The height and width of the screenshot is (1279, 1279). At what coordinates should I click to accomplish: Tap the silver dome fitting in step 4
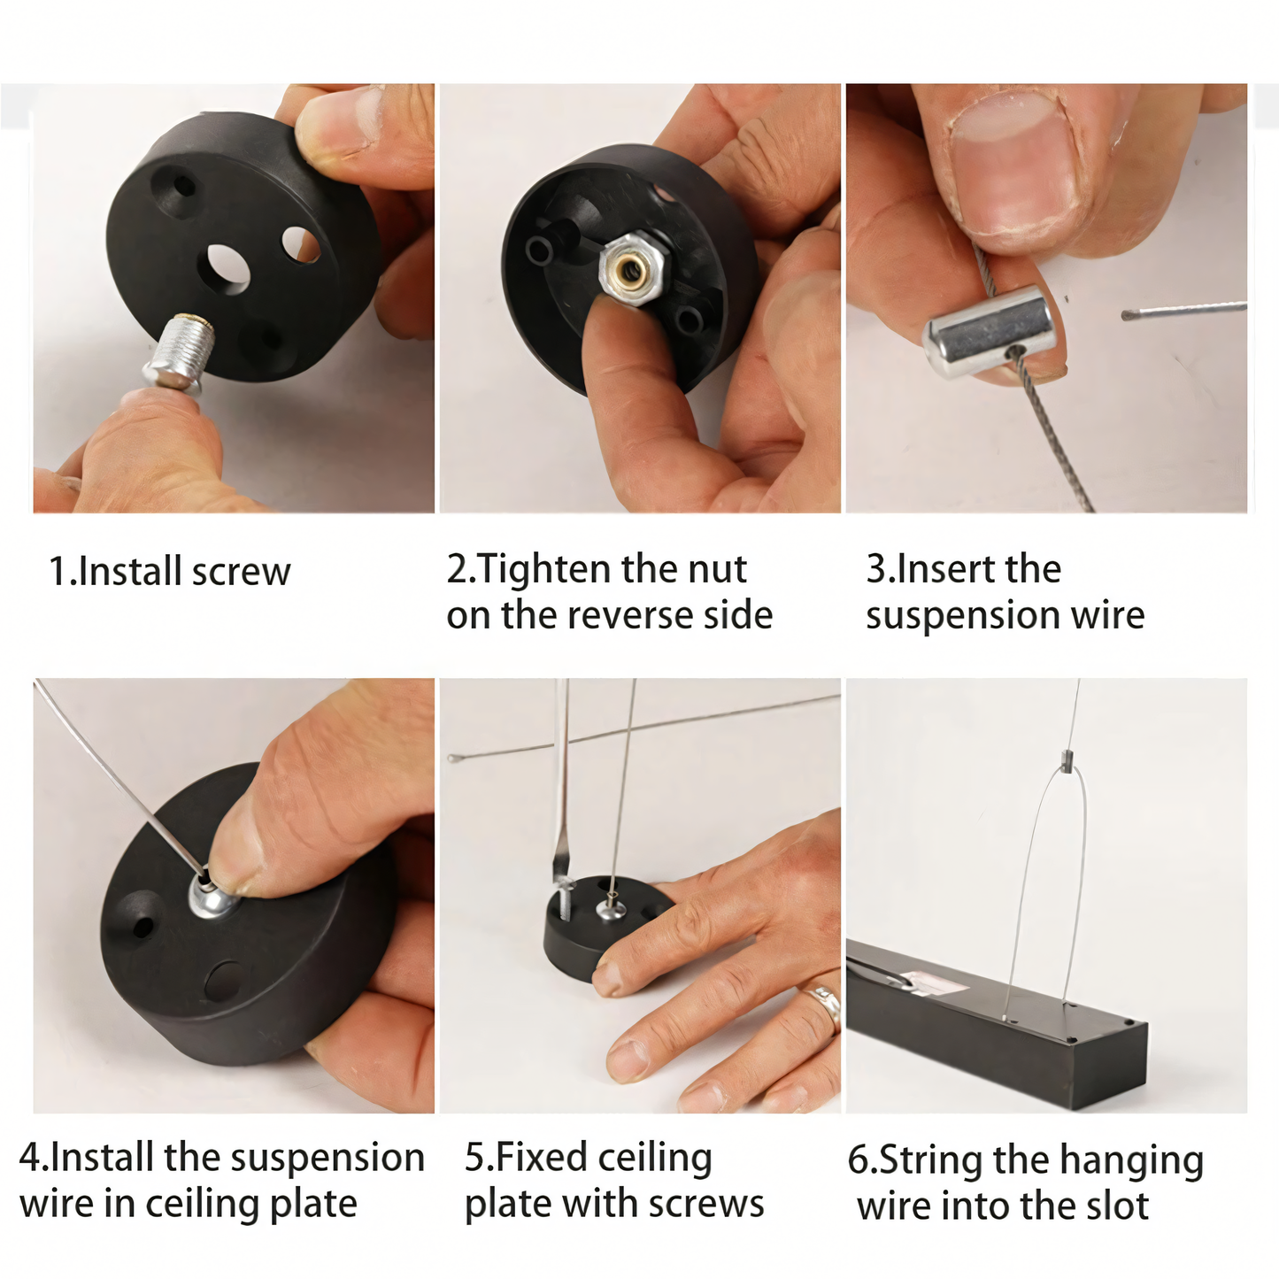(x=213, y=897)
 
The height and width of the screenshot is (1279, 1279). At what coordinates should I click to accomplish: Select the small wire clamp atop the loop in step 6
(x=1067, y=760)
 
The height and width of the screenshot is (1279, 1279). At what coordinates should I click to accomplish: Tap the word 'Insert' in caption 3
(x=937, y=569)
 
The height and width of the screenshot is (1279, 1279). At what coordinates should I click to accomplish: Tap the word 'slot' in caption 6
(x=1117, y=1206)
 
